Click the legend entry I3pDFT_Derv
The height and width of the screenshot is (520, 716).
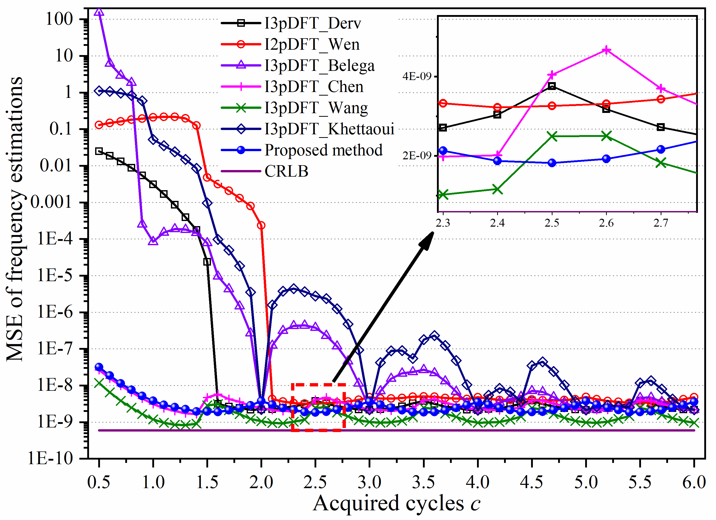[x=312, y=23]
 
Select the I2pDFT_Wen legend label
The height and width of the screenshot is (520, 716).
[x=312, y=44]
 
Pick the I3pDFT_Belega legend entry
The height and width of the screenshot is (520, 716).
[x=320, y=65]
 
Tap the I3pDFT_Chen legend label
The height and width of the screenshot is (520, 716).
[x=314, y=86]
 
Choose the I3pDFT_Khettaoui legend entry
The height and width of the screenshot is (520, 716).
[x=329, y=129]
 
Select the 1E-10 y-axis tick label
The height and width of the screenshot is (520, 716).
[x=51, y=458]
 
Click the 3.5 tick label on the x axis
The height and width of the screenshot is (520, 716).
[x=423, y=482]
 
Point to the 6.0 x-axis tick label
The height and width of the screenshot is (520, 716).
[x=694, y=482]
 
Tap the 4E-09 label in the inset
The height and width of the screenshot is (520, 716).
[x=417, y=76]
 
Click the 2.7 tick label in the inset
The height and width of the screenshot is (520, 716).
[x=661, y=223]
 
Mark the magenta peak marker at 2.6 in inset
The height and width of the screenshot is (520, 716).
[x=606, y=50]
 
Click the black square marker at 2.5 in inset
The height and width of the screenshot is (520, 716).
[x=552, y=86]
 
